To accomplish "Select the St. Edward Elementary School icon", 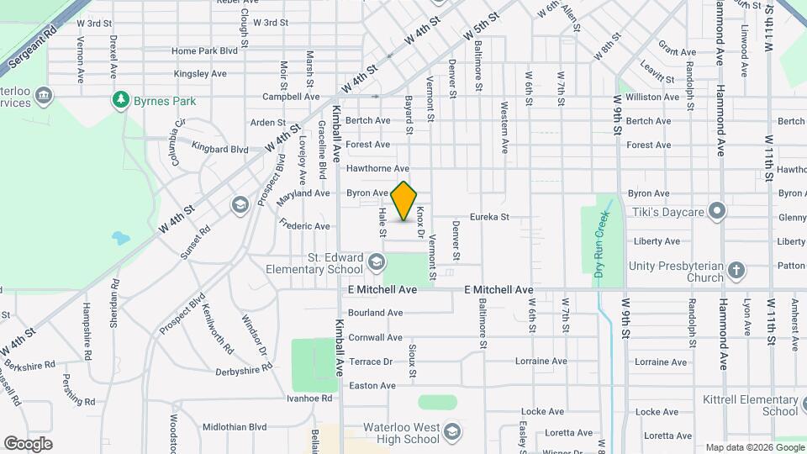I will (376, 264).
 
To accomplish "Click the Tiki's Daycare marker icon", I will (716, 210).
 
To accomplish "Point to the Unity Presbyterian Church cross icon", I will (736, 270).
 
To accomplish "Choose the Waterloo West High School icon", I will (451, 432).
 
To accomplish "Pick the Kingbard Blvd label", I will (220, 149).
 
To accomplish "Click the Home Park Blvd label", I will (205, 51).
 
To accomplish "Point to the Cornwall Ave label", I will (375, 337).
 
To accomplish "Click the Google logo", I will (28, 444).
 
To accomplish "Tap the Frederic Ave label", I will (304, 225).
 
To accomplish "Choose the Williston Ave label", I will (652, 97).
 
